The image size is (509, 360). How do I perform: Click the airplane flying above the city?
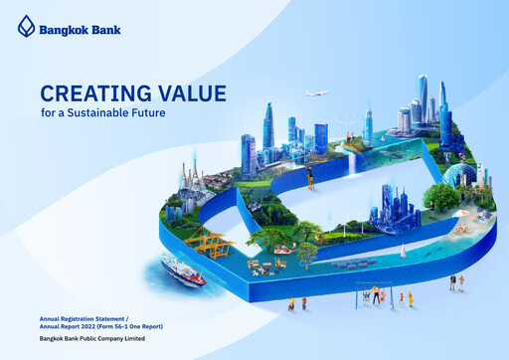pyautogui.click(x=317, y=94)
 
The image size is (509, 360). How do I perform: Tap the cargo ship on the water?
pyautogui.click(x=183, y=269)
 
